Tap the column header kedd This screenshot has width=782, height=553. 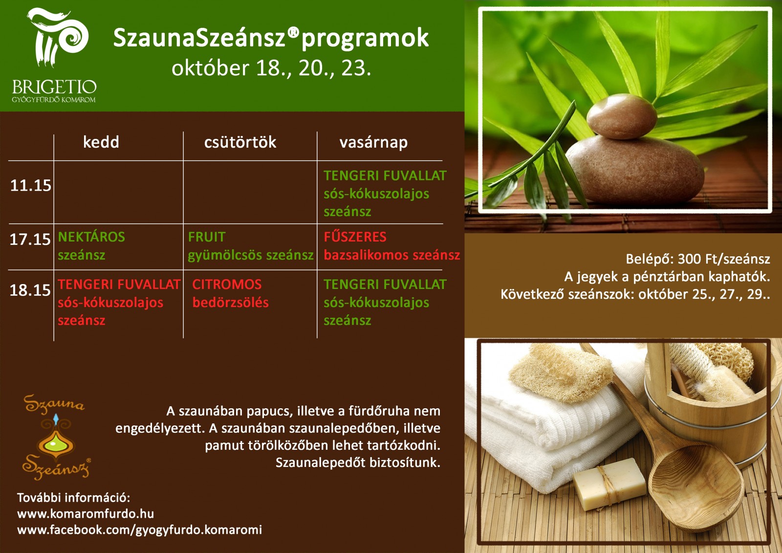101,142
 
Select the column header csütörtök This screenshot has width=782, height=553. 240,142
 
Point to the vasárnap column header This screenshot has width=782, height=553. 373,143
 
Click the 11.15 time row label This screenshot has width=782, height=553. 31,185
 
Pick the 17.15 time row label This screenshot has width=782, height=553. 30,239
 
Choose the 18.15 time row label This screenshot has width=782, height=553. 30,290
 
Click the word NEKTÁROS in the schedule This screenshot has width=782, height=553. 91,237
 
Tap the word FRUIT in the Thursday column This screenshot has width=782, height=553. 207,237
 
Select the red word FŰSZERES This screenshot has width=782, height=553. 355,237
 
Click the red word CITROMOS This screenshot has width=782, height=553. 227,285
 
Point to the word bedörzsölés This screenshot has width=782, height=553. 230,303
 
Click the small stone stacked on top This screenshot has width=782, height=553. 622,116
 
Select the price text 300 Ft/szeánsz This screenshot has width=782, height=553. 724,259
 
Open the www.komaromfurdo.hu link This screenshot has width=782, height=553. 86,514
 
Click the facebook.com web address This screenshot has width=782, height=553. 140,530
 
